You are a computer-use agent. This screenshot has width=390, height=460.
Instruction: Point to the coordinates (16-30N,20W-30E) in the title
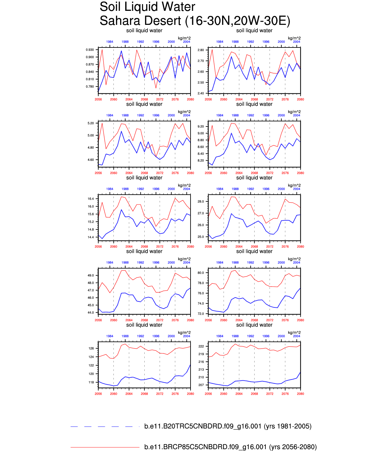click(x=238, y=21)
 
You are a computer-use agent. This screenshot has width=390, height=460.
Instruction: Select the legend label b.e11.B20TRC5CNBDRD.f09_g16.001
click(x=203, y=426)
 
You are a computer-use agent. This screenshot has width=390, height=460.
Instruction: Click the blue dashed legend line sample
click(x=105, y=426)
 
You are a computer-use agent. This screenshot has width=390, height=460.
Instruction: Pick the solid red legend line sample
click(x=105, y=447)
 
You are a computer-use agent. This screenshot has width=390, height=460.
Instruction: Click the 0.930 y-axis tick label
click(x=90, y=50)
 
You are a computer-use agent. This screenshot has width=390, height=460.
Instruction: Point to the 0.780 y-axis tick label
click(x=90, y=87)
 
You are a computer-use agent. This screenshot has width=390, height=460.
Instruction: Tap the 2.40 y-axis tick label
click(x=200, y=93)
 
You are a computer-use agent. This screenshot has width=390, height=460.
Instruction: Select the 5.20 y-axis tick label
click(x=90, y=123)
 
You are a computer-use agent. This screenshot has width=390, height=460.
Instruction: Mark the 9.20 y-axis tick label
click(x=200, y=126)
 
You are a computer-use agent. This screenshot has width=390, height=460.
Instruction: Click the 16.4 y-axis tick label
click(x=90, y=199)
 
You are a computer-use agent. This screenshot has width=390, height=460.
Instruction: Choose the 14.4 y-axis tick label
click(x=90, y=237)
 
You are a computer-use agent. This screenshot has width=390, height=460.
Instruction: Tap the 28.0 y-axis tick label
click(x=200, y=202)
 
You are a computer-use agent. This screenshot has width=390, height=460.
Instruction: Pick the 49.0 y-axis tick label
click(x=90, y=276)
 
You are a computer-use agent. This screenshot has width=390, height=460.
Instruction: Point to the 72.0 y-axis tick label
click(x=200, y=314)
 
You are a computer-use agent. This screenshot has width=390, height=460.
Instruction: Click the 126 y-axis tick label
click(x=91, y=349)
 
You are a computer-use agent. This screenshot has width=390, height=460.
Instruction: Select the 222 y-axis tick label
click(x=201, y=346)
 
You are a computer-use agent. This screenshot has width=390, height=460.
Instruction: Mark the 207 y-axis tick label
click(x=201, y=385)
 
